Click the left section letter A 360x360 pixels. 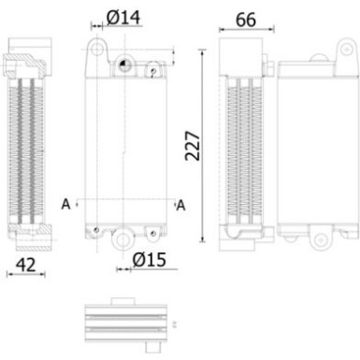click(65, 203)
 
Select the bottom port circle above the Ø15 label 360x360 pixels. click(122, 239)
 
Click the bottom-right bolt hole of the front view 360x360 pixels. click(151, 229)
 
